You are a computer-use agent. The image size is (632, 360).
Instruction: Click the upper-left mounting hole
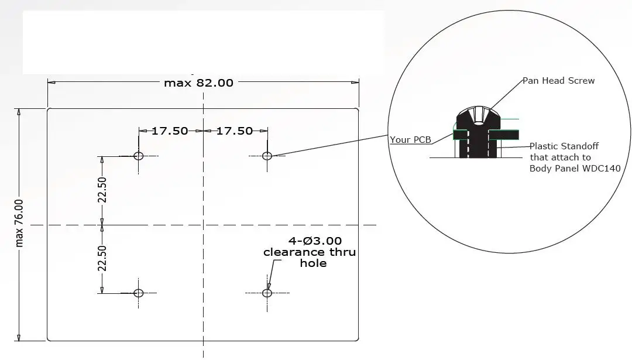(138, 156)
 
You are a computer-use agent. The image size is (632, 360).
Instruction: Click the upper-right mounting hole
(267, 156)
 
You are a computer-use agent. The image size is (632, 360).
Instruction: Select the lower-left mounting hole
(138, 293)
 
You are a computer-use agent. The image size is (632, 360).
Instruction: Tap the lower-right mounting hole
(267, 293)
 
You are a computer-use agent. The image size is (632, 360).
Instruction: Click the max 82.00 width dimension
(199, 83)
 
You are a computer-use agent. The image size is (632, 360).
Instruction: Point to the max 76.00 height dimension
(19, 224)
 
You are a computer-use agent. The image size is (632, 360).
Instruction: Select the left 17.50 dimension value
(170, 131)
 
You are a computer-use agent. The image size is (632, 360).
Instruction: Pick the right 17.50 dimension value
(235, 131)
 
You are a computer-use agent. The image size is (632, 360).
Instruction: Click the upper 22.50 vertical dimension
(102, 190)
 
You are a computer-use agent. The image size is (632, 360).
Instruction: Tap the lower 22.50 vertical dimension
(102, 258)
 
